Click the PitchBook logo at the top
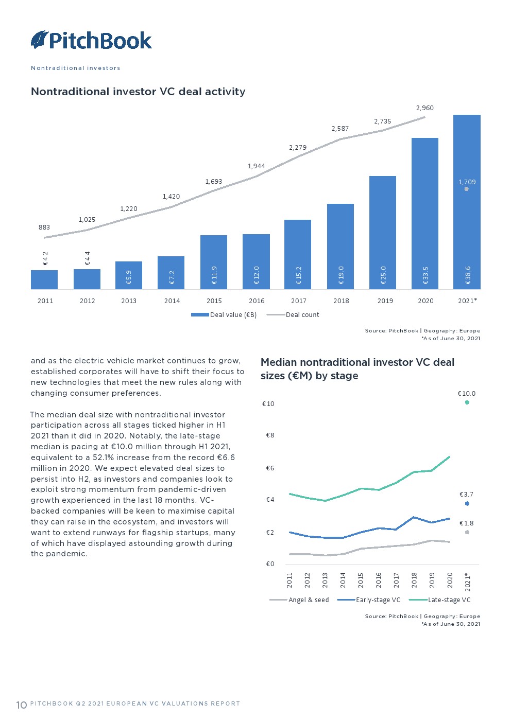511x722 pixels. (91, 40)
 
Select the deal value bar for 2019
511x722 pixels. (383, 232)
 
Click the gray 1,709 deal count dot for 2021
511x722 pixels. (466, 189)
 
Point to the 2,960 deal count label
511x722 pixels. (425, 108)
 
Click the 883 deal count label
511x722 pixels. (44, 227)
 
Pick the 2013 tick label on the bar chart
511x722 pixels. (129, 301)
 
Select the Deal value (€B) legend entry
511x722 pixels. (224, 315)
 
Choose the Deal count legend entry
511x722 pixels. (294, 315)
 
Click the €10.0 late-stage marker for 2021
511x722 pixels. (467, 402)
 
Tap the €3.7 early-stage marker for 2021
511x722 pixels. (467, 503)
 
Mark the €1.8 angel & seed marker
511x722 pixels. (467, 532)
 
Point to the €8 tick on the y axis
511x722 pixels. (270, 435)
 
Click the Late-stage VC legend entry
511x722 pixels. (440, 600)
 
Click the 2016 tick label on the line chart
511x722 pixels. (379, 580)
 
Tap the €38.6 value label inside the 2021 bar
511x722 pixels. (468, 275)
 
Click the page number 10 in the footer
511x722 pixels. (21, 705)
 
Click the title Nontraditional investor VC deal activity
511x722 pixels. (138, 92)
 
